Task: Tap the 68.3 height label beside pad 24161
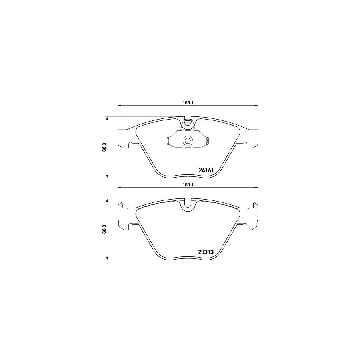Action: pos(104,147)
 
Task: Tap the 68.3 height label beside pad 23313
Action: pos(104,229)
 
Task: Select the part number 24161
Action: pos(207,170)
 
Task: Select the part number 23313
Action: pos(207,252)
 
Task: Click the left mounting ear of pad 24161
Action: pos(125,138)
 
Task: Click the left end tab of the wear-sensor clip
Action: pos(168,141)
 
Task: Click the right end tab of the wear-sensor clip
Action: pos(207,141)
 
